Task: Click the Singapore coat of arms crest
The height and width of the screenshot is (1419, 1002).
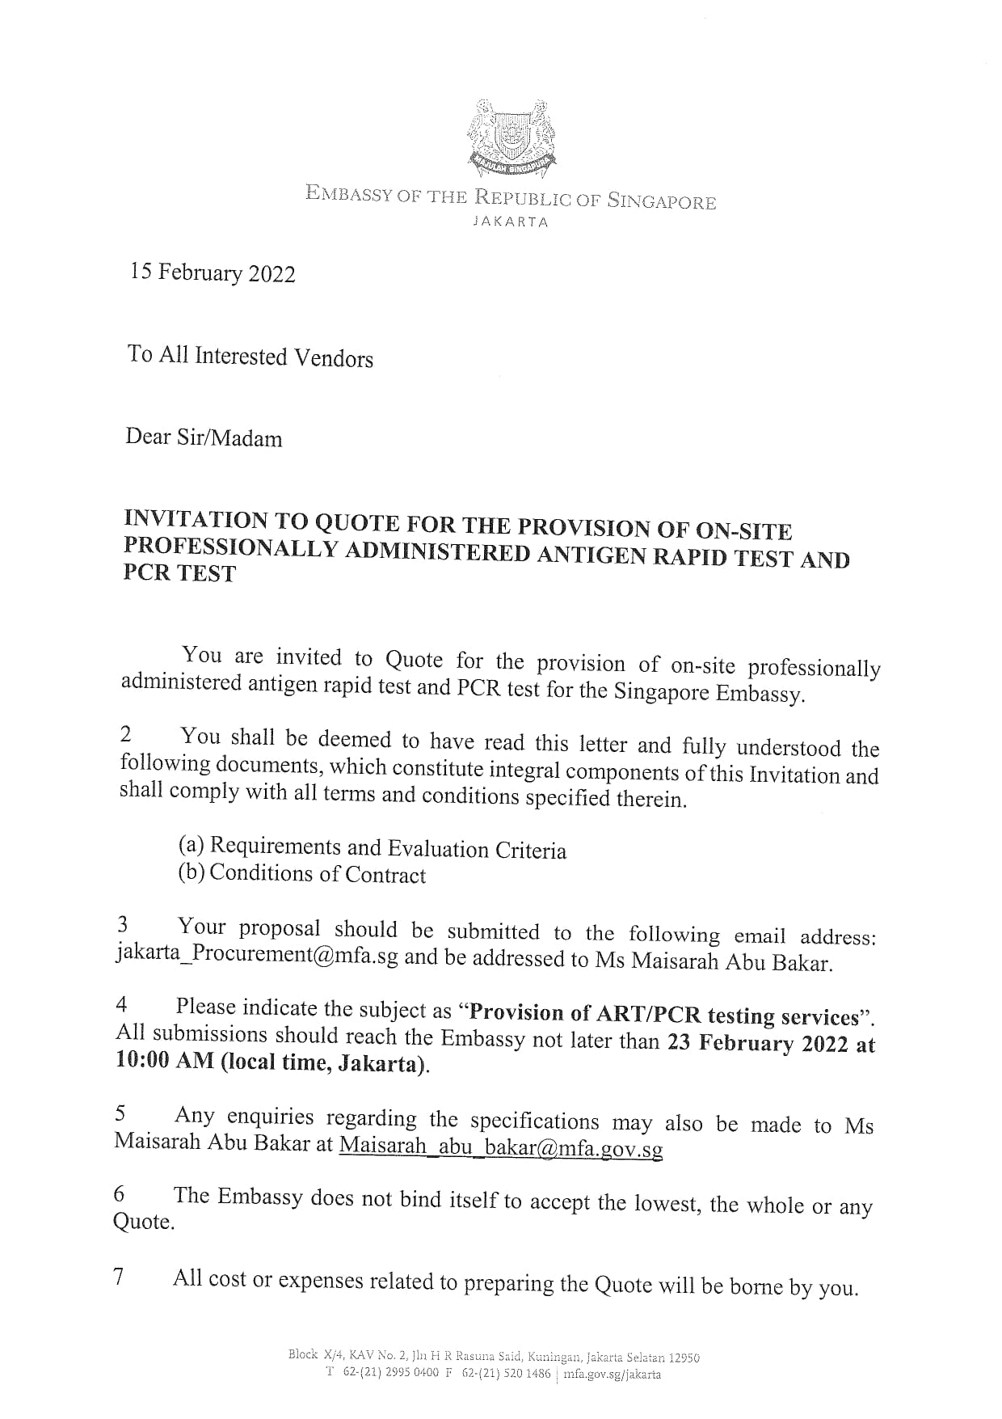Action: (510, 138)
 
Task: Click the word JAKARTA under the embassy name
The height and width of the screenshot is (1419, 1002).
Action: (510, 222)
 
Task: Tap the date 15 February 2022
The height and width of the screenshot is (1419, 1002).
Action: (213, 273)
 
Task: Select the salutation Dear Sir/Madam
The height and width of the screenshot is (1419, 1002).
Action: (204, 438)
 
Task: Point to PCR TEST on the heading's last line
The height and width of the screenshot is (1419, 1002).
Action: (179, 573)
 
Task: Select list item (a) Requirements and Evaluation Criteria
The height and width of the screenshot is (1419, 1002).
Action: (373, 847)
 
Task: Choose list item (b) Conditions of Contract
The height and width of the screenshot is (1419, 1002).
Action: (302, 874)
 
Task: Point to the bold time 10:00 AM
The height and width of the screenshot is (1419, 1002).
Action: (165, 1062)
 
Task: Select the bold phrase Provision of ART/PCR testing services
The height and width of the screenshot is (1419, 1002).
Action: (663, 1015)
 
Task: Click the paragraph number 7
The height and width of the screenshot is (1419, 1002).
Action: (120, 1278)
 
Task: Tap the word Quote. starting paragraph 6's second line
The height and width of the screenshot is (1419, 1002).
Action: (144, 1222)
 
